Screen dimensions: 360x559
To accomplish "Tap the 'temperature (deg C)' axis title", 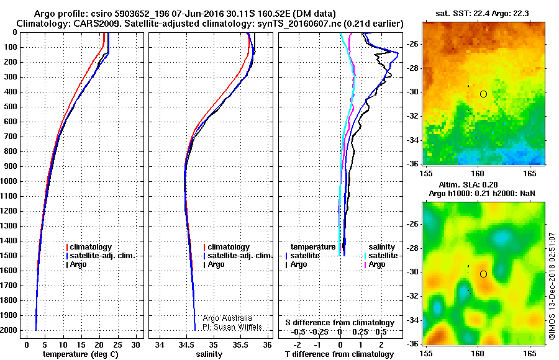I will [81, 354].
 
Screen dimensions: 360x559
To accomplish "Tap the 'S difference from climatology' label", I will [340, 323].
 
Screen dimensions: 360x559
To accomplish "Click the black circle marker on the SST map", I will [483, 94].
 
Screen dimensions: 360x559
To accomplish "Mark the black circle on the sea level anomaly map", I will [483, 274].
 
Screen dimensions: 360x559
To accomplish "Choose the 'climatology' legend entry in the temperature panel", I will [91, 247].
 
